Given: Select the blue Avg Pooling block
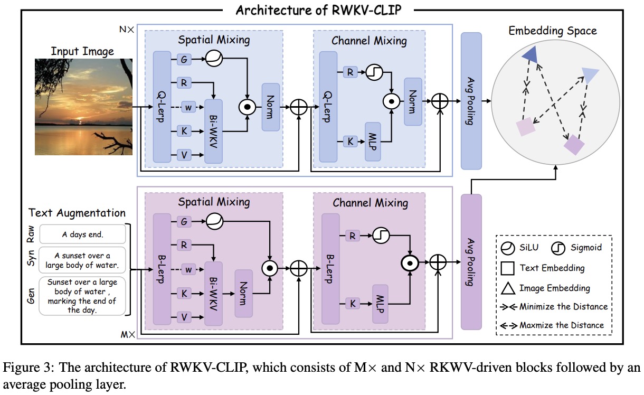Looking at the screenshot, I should [471, 100].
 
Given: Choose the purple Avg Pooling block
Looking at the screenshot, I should [471, 261].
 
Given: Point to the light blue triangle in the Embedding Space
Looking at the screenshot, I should [590, 76].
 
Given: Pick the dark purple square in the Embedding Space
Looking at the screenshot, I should [574, 144].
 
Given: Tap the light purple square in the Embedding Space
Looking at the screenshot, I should [526, 127].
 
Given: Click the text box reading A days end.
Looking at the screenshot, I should [82, 234].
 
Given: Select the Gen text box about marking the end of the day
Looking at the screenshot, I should [82, 296].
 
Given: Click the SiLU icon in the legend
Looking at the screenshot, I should [508, 247].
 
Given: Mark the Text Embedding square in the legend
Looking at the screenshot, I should [508, 268].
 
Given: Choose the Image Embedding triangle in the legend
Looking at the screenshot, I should [508, 288].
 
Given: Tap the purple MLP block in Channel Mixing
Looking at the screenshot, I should [381, 303].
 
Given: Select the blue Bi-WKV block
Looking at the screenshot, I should [213, 130].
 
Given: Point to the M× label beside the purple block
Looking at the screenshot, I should [128, 334].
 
